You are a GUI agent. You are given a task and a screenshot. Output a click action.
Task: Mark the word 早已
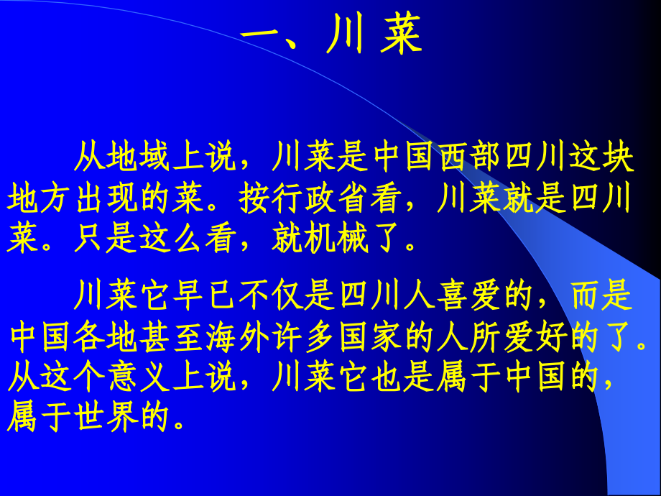click(206, 294)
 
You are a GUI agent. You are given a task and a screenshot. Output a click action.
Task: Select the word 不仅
click(272, 294)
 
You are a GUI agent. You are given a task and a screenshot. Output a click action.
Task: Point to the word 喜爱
click(470, 294)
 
